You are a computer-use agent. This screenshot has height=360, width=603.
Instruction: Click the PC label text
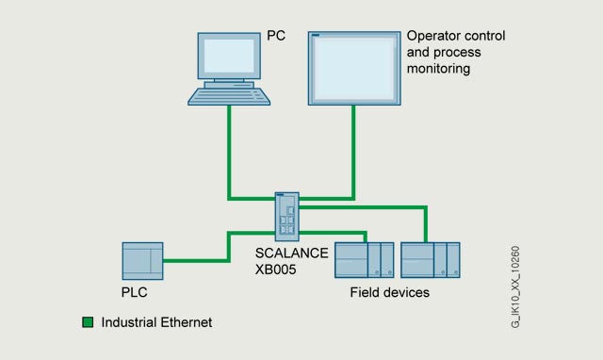point(276,36)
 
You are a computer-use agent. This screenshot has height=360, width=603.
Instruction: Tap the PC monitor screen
point(229,56)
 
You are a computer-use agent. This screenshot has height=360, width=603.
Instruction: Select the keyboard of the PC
point(229,96)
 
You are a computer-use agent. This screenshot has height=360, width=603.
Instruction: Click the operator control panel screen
point(354,68)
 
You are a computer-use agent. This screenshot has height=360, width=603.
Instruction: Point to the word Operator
point(432,36)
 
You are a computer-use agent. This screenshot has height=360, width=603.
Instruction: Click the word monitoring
point(438,69)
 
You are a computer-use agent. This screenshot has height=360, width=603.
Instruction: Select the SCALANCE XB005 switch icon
point(286,217)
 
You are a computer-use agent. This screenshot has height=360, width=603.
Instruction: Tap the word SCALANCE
point(292,254)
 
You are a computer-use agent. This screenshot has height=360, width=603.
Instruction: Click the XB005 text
point(276,270)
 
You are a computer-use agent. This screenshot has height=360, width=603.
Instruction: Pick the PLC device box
point(142,261)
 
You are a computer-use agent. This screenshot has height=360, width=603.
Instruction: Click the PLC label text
point(134,292)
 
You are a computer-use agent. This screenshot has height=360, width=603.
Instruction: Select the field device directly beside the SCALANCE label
point(365,260)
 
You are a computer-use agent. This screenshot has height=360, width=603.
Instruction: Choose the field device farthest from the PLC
point(431,260)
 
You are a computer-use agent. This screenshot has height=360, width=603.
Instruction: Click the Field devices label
point(389,293)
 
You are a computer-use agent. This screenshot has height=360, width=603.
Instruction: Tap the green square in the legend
point(88,322)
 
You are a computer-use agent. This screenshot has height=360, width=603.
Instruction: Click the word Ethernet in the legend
point(187,322)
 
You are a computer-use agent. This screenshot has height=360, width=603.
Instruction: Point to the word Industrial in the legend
point(129,322)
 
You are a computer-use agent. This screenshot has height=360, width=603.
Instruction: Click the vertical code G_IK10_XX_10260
point(515,286)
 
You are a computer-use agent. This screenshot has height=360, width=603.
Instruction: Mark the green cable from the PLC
point(229,246)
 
